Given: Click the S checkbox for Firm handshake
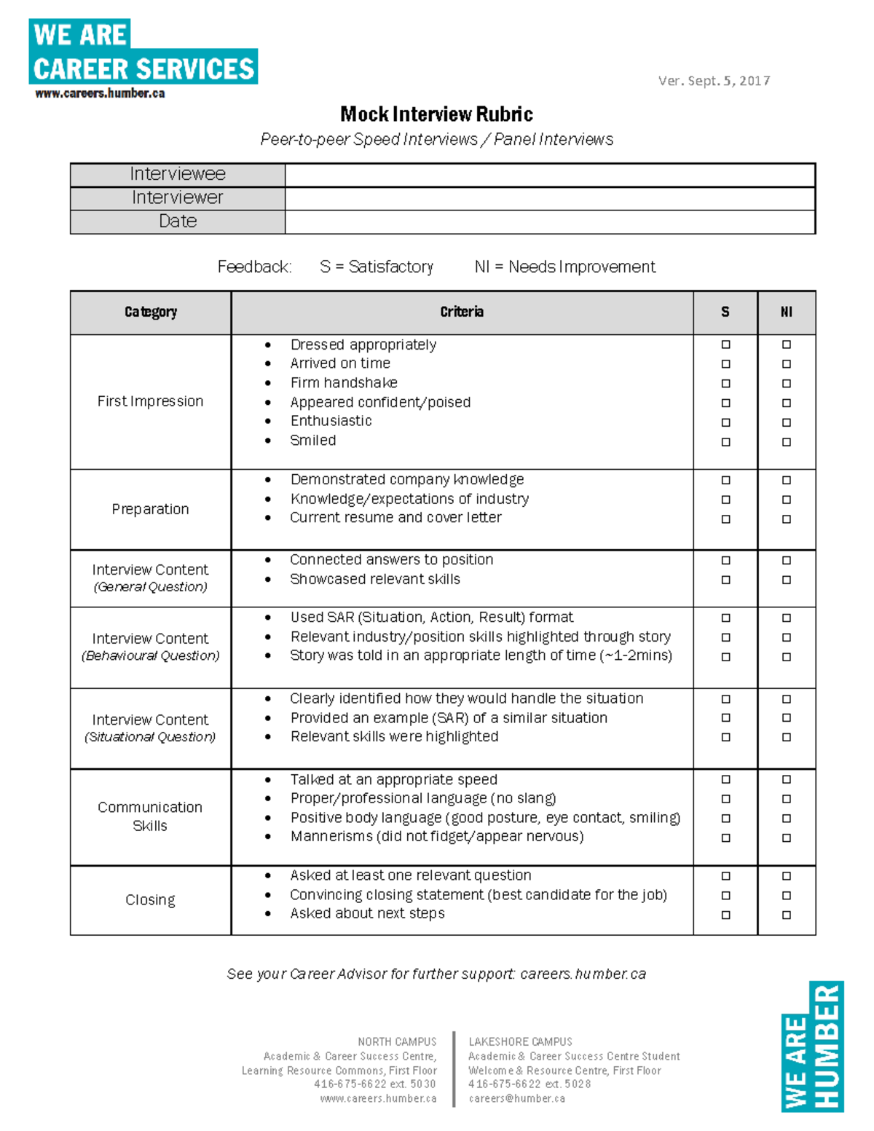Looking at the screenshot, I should coord(725,383).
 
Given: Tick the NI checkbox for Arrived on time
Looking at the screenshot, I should coord(787,363).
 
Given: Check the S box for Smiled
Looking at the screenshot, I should coord(725,441).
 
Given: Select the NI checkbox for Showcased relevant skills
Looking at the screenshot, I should coord(787,580).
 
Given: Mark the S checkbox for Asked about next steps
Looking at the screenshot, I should coord(725,915).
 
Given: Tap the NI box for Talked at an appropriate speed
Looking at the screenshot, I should coord(787,779).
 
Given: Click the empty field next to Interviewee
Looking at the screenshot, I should coord(550,175).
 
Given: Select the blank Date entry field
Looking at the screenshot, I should coord(550,222).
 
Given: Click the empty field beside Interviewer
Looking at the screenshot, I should coord(550,198).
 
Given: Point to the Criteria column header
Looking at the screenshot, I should coord(462,312).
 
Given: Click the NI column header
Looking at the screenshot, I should coord(787,312).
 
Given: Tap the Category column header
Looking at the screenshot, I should coord(150,312).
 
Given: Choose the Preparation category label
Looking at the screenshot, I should coord(150,509).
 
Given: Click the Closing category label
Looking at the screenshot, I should coord(150,900).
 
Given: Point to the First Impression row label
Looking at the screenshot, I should coord(150,401).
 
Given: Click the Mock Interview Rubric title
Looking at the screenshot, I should coord(436,114).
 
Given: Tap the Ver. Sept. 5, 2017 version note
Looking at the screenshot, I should coord(714,81).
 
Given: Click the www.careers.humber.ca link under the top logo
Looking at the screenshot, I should coord(100,93).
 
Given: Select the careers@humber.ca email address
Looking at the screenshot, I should coord(516,1098).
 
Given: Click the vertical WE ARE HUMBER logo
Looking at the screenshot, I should coord(812,1047).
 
